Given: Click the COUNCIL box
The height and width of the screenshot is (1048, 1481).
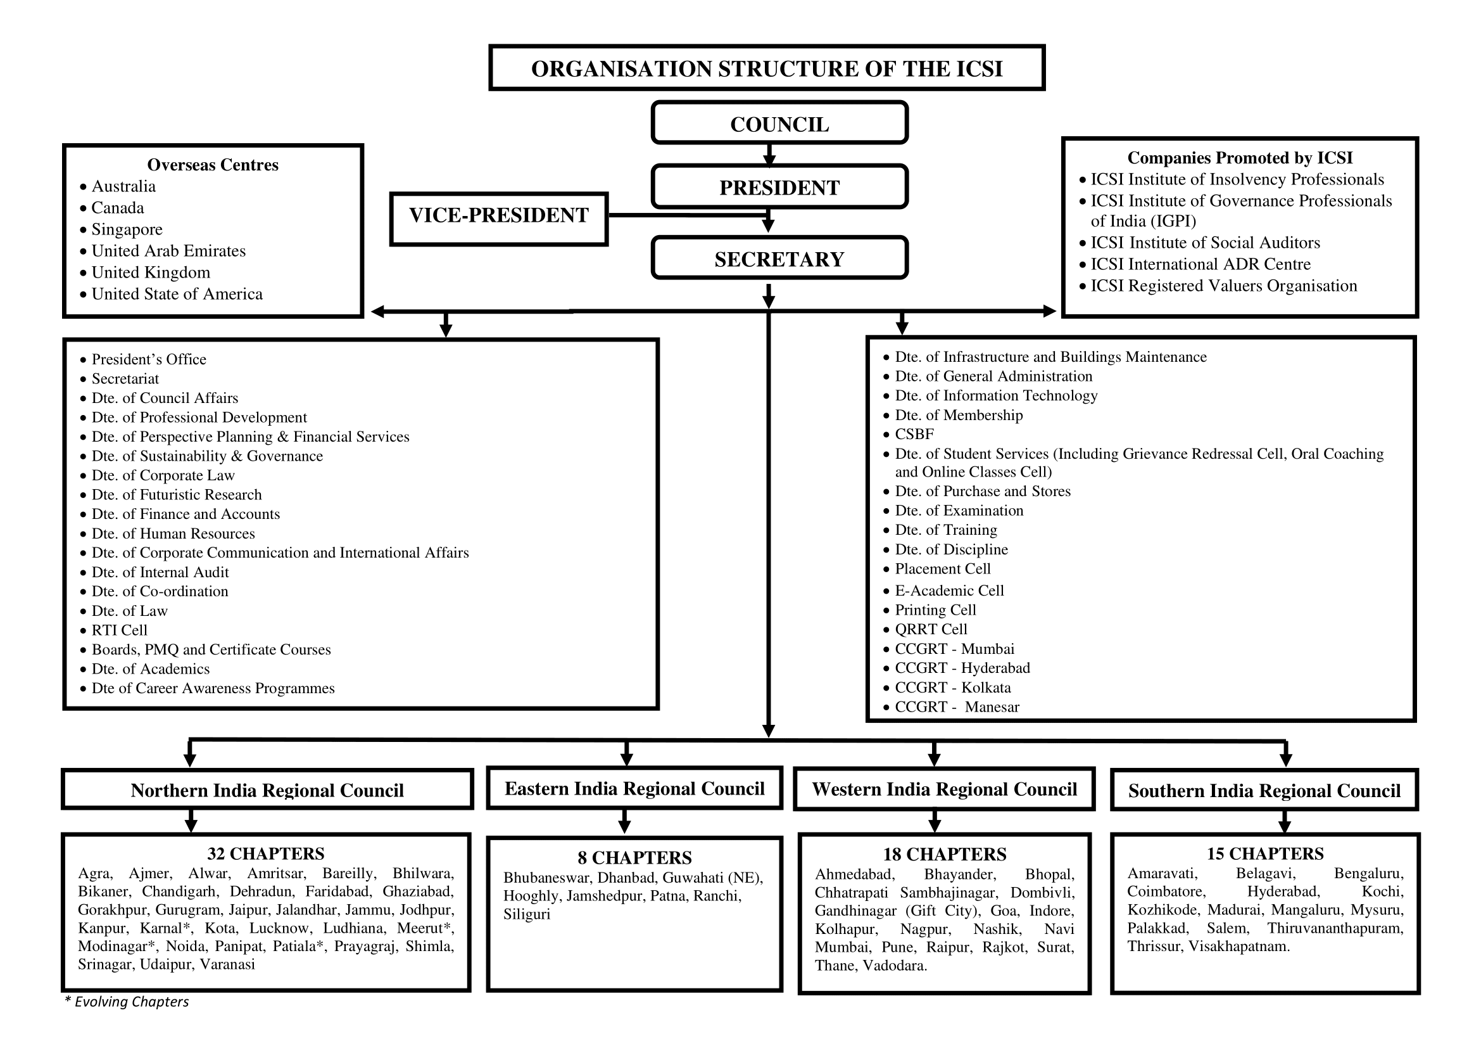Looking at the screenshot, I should click(x=779, y=124).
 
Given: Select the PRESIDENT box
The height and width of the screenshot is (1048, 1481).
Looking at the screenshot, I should click(x=779, y=187).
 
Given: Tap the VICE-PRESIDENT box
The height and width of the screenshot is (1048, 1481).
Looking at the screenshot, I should click(x=498, y=215).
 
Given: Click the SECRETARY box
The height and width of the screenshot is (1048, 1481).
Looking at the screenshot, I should click(x=779, y=259).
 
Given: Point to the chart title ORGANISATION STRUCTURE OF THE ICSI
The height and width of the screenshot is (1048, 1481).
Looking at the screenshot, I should click(x=766, y=68).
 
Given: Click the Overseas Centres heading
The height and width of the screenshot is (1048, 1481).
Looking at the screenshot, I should click(x=213, y=165).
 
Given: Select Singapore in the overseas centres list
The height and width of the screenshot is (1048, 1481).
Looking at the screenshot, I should click(x=127, y=229).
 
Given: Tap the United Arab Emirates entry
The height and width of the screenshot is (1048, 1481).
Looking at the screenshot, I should click(x=168, y=250).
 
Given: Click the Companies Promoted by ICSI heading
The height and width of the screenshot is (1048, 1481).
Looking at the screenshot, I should click(x=1239, y=158).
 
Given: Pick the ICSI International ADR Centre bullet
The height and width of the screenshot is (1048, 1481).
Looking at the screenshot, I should click(x=1200, y=264).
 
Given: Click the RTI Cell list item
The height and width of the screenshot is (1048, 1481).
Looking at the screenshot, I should click(x=119, y=630).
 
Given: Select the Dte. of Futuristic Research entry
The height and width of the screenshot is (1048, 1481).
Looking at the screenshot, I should click(x=176, y=494).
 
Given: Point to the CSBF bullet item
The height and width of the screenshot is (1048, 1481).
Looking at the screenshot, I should click(x=914, y=433).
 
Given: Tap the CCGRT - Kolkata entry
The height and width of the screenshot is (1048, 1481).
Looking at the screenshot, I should click(x=952, y=687).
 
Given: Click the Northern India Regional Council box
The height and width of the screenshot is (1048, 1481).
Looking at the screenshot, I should click(x=267, y=790).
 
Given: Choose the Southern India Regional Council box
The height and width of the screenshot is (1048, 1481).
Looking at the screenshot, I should click(x=1264, y=791).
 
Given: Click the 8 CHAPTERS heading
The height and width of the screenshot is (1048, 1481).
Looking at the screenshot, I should click(x=634, y=858).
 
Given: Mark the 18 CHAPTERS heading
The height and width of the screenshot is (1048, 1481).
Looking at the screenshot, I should click(x=944, y=854).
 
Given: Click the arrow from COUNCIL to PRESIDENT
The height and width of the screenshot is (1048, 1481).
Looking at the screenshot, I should click(x=769, y=155).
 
